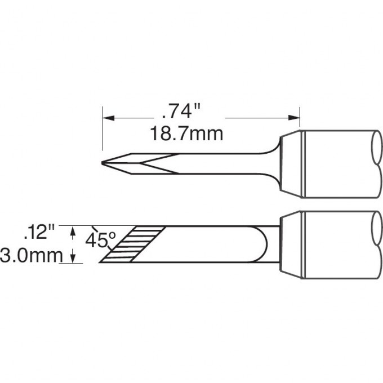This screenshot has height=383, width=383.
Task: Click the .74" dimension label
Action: [181, 112]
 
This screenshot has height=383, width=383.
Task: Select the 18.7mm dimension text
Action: [186, 133]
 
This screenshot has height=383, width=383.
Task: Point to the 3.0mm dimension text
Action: [32, 255]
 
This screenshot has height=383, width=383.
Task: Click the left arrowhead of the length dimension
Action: [109, 118]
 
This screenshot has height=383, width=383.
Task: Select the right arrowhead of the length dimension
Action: [294, 118]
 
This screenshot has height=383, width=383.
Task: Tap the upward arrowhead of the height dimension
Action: [73, 231]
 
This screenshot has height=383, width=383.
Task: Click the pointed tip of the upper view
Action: [102, 163]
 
